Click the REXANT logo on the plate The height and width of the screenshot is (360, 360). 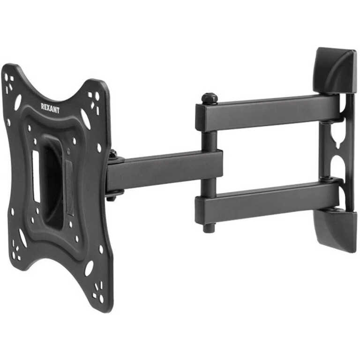[50, 108]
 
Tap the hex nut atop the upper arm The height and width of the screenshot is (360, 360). [210, 98]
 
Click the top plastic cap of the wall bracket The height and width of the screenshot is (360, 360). [335, 69]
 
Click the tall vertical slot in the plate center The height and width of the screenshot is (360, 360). [36, 176]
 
